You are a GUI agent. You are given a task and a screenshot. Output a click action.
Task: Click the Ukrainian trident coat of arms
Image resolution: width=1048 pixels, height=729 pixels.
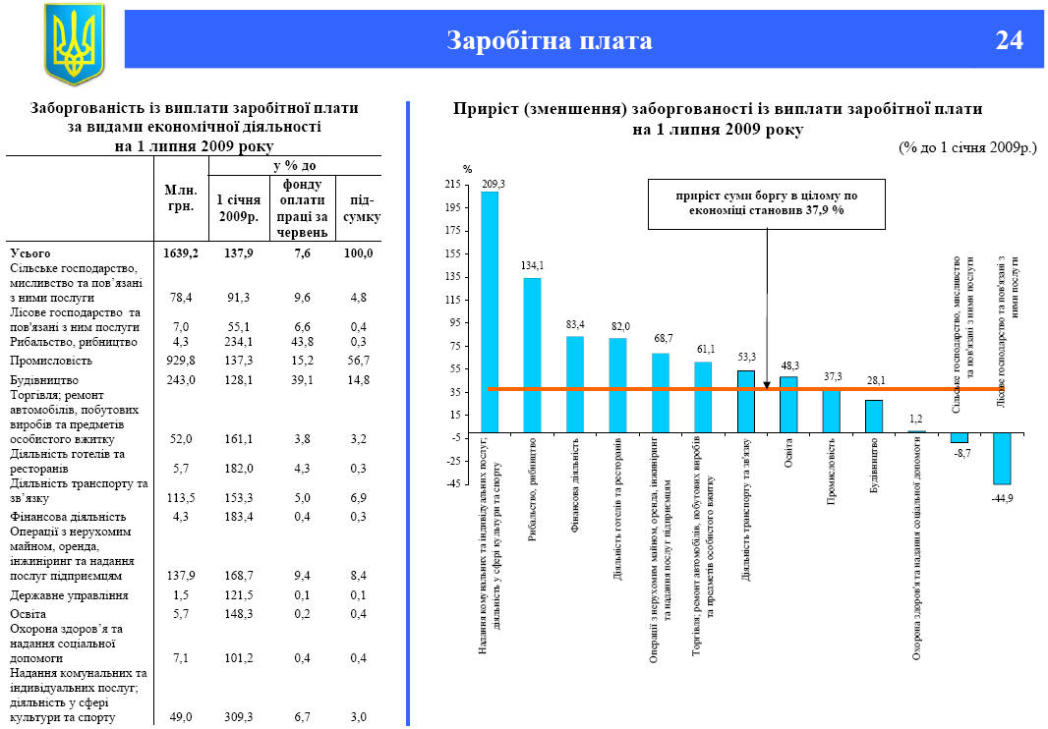73,44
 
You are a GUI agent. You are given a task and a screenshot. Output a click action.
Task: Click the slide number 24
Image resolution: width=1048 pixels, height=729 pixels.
1009,40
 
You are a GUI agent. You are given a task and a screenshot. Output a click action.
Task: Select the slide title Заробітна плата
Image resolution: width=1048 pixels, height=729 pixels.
549,40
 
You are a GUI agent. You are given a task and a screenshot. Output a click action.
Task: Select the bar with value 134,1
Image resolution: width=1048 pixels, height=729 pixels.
532,355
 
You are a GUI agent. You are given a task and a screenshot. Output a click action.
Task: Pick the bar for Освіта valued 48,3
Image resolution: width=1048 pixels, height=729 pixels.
788,404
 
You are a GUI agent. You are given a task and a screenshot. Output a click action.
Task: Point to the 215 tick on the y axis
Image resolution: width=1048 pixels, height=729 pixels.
452,184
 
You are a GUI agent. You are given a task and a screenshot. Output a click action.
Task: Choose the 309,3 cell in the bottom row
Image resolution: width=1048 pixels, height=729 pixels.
238,717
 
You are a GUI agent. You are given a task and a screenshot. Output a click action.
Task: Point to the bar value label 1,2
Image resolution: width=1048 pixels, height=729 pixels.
916,419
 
